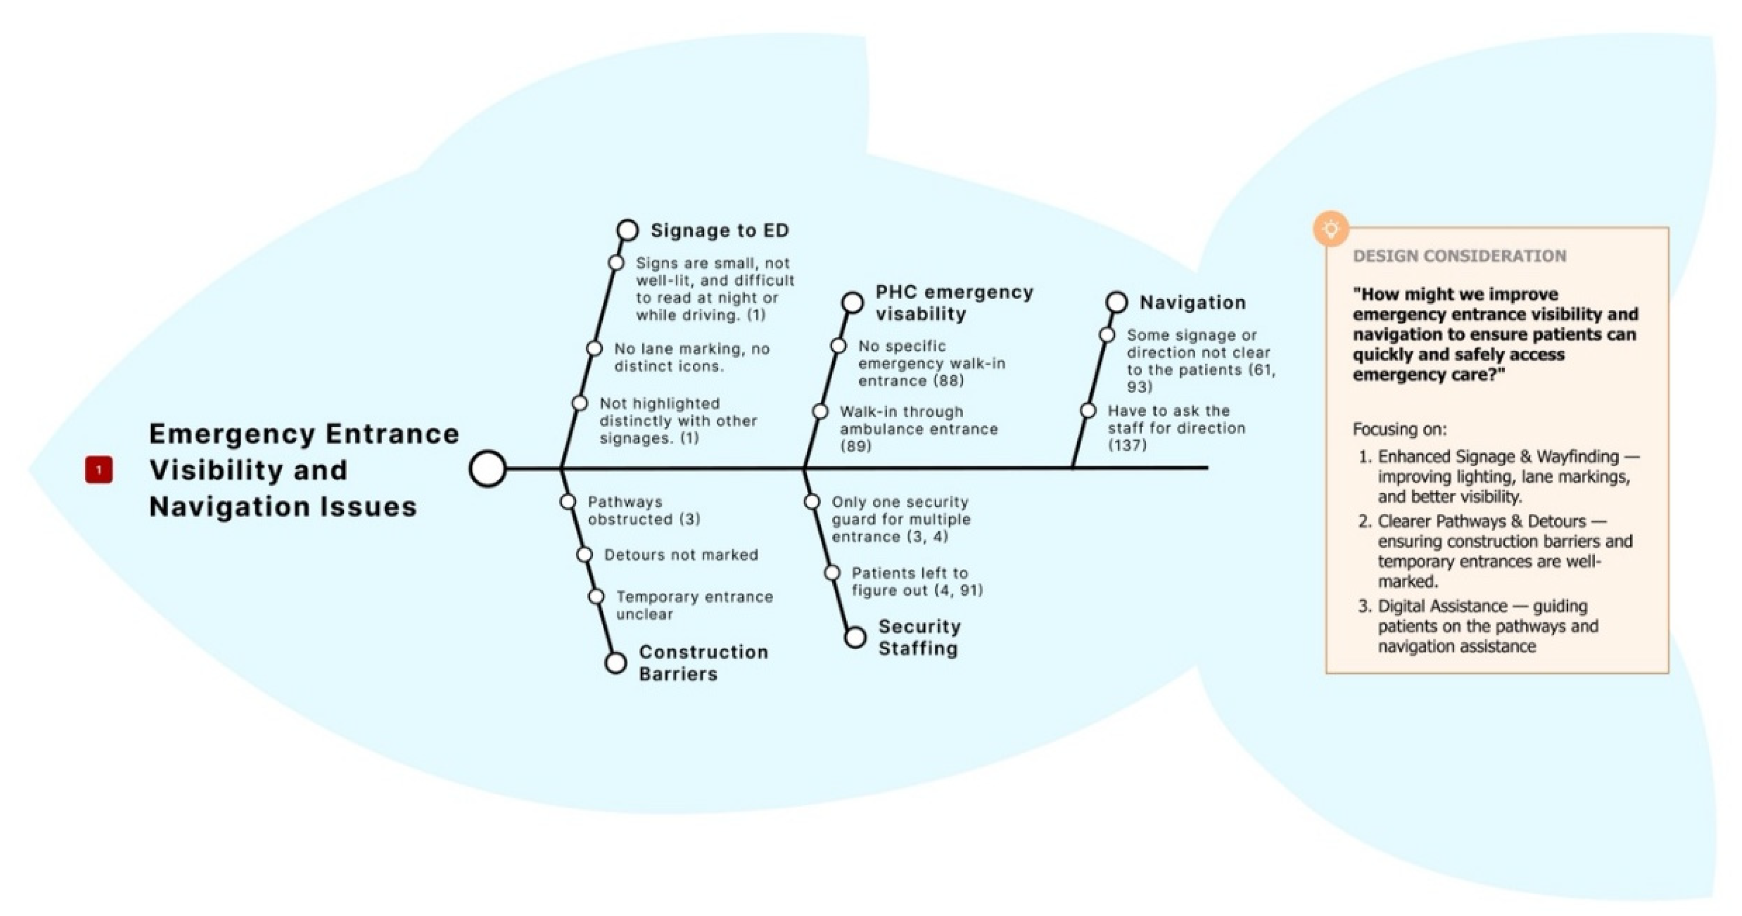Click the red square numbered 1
[x=99, y=469]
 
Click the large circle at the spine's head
[x=488, y=468]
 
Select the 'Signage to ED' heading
[x=719, y=231]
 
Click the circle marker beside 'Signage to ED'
[x=628, y=230]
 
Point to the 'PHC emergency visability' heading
[x=954, y=303]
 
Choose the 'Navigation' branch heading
[x=1192, y=303]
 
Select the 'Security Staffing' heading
[x=919, y=637]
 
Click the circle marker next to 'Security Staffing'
[x=855, y=637]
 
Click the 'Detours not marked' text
[x=681, y=555]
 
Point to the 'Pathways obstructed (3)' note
[x=644, y=511]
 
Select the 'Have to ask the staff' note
[x=1177, y=428]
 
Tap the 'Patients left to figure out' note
[x=917, y=582]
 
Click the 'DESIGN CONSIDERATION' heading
[x=1460, y=256]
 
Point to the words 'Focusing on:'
[x=1400, y=430]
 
